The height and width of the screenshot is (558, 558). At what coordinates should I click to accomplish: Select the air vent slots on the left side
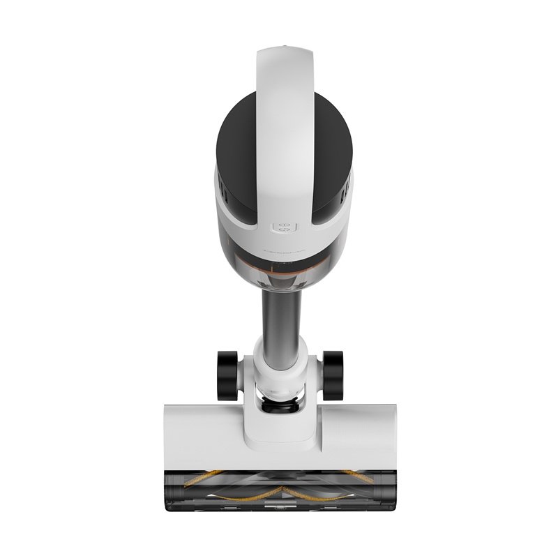[x=221, y=187]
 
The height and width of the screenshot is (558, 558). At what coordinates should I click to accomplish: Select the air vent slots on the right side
[x=345, y=187]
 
